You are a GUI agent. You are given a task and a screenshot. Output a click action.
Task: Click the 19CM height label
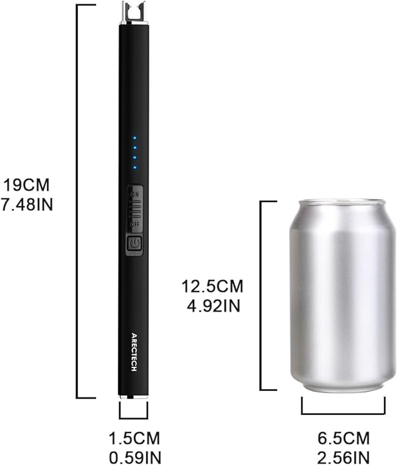tap(26, 185)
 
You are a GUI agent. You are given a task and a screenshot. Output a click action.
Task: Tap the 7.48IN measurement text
tap(27, 204)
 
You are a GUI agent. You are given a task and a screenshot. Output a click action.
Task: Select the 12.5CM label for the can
tap(212, 286)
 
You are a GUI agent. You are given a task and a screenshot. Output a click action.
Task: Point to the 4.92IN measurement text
tap(213, 305)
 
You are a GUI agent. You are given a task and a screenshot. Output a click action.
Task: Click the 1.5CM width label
tap(134, 438)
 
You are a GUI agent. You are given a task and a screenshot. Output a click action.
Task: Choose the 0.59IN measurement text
tap(135, 458)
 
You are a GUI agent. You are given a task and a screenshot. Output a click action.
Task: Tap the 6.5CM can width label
tap(343, 438)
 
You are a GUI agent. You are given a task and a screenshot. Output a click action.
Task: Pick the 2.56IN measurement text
tap(343, 458)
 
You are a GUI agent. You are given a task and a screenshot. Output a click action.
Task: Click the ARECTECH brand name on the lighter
tap(134, 352)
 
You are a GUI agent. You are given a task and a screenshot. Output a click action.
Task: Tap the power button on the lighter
tap(134, 244)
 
